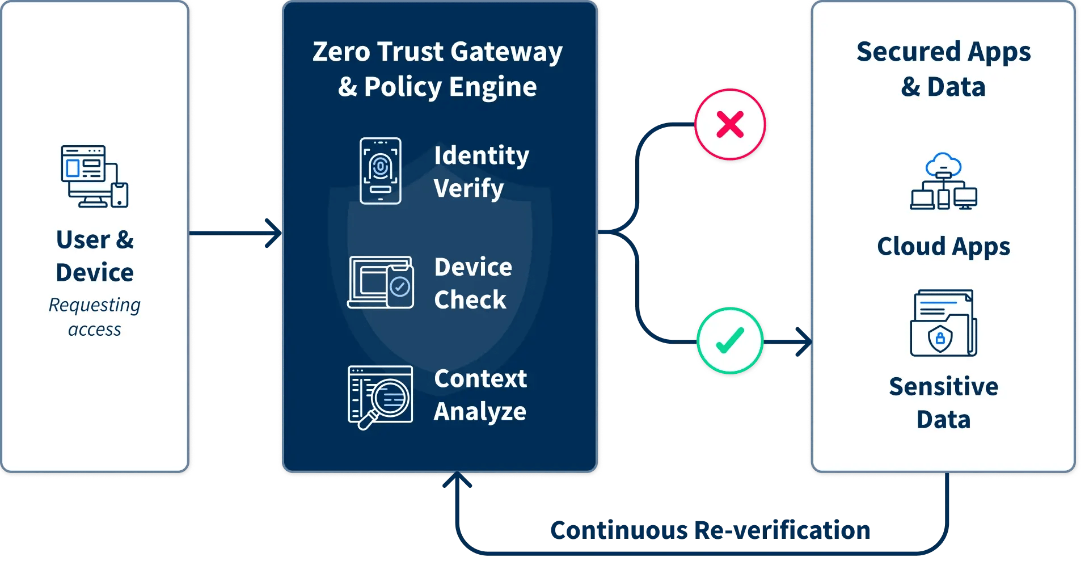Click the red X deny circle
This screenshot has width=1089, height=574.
pyautogui.click(x=730, y=124)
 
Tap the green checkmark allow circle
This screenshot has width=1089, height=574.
pyautogui.click(x=730, y=341)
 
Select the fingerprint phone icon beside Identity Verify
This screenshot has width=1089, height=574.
pyautogui.click(x=380, y=171)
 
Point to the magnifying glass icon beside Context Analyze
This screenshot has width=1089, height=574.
pyautogui.click(x=380, y=397)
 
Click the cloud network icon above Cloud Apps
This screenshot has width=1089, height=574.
pyautogui.click(x=944, y=182)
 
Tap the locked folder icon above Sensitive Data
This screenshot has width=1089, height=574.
pyautogui.click(x=943, y=323)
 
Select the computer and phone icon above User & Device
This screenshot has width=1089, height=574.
pyautogui.click(x=95, y=176)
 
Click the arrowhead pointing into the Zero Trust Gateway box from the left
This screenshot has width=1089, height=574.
pyautogui.click(x=275, y=233)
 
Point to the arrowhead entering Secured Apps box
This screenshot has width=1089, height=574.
pyautogui.click(x=804, y=342)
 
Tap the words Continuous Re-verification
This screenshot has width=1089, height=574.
pyautogui.click(x=710, y=530)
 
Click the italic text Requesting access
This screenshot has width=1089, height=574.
pyautogui.click(x=95, y=317)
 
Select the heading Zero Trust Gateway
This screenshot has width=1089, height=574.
pyautogui.click(x=437, y=52)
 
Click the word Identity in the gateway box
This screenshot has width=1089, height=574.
pyautogui.click(x=482, y=155)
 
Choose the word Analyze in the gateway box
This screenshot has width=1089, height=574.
pyautogui.click(x=480, y=411)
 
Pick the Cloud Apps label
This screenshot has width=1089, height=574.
pyautogui.click(x=943, y=247)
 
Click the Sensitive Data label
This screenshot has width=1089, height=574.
pyautogui.click(x=943, y=403)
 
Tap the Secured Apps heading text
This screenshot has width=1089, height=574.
pyautogui.click(x=943, y=52)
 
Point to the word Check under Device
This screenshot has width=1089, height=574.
pyautogui.click(x=470, y=299)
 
